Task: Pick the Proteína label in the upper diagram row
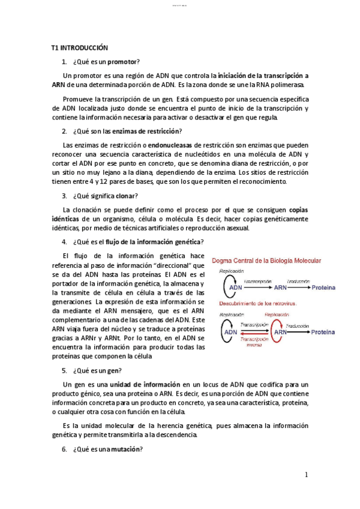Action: [x=322, y=288]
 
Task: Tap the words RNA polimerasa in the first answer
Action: [x=254, y=85]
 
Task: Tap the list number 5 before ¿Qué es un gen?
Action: [x=64, y=370]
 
